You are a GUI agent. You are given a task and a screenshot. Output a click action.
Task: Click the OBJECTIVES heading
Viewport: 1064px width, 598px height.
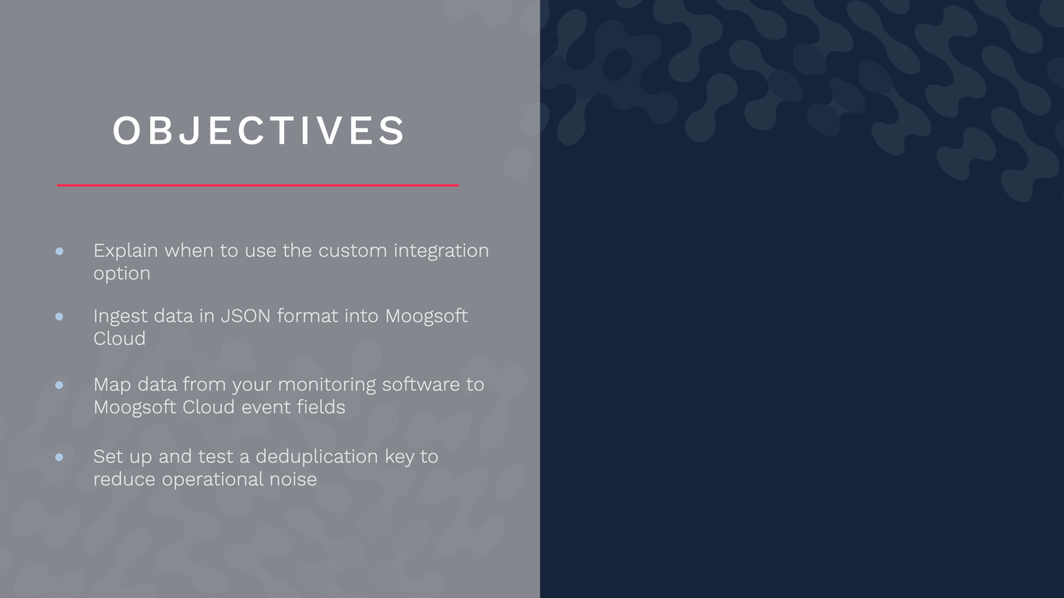[x=259, y=131]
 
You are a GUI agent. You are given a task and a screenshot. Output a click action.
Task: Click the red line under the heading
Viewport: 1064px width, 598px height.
[x=258, y=185]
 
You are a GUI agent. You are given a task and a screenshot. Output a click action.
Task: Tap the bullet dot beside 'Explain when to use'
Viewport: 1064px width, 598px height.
[x=59, y=251]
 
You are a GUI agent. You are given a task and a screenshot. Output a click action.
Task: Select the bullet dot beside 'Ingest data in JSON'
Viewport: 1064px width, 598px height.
[x=59, y=317]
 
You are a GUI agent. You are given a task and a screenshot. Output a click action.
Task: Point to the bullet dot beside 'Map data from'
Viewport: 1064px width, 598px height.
[x=59, y=385]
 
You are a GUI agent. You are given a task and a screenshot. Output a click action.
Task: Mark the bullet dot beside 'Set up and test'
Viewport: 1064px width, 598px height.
[x=59, y=457]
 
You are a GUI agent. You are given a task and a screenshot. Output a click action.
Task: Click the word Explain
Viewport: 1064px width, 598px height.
[x=126, y=251]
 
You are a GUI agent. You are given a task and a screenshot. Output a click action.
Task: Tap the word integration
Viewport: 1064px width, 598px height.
[x=441, y=251]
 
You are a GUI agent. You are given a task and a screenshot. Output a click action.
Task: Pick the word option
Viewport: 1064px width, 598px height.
[x=122, y=274]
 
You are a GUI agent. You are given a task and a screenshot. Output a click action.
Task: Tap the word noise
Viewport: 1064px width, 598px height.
[x=293, y=479]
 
